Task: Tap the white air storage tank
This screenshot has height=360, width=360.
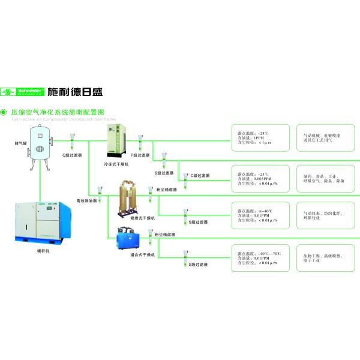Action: click(x=41, y=148)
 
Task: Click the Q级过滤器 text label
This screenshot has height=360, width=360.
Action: click(x=73, y=155)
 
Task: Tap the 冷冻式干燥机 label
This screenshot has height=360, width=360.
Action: click(x=117, y=164)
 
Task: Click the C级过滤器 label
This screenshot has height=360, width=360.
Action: click(x=200, y=175)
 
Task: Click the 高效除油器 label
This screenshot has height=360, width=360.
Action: click(x=86, y=200)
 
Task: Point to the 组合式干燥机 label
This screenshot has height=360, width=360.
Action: click(x=143, y=255)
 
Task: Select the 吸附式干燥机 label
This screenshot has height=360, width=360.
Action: click(x=143, y=218)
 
